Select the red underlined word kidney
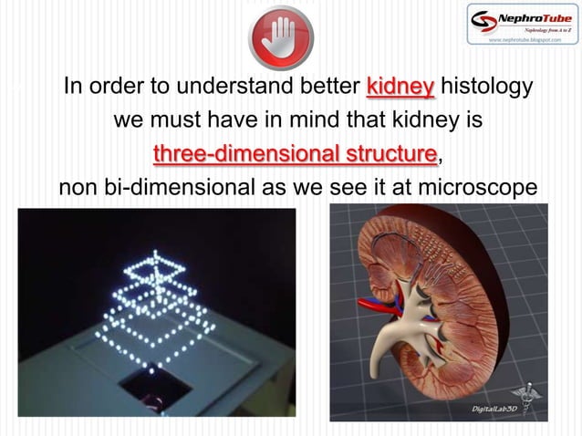click(x=400, y=88)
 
